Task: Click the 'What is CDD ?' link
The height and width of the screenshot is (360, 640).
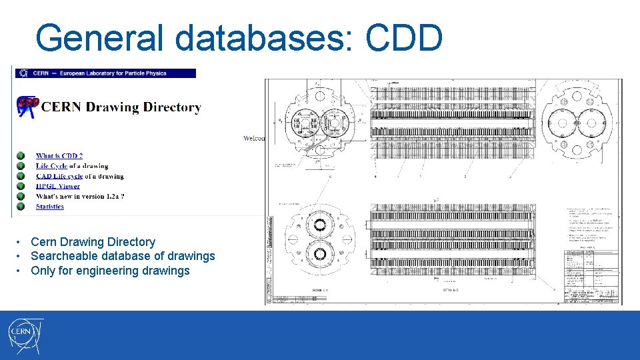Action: [59, 156]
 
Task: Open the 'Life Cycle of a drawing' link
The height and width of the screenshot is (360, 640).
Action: [72, 166]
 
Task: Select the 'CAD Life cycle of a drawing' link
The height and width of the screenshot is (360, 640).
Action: [80, 176]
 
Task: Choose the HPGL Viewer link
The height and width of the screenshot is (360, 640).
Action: [58, 186]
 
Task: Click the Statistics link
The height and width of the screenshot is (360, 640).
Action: [50, 207]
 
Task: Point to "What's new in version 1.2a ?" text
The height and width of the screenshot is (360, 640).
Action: [81, 196]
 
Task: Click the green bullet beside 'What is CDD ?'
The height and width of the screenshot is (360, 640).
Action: [21, 156]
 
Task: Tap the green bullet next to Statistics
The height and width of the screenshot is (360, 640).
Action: [21, 207]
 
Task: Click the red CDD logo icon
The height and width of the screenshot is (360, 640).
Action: [29, 105]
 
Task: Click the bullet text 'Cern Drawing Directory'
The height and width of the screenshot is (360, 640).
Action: [93, 242]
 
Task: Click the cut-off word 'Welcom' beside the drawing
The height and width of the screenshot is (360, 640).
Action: [254, 138]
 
